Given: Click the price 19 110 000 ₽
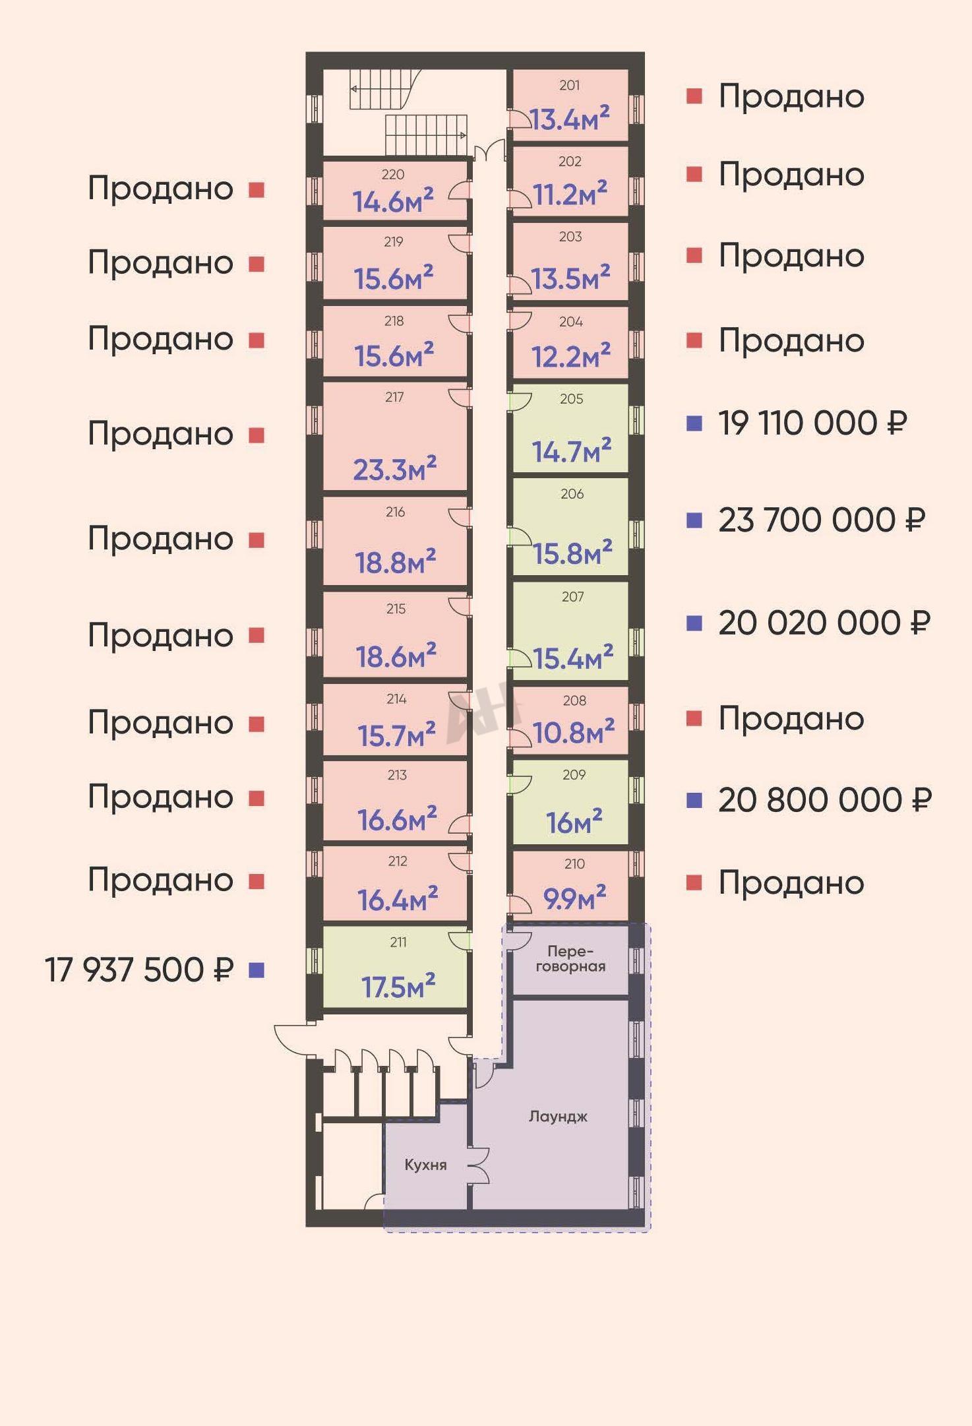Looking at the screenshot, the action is pos(812,423).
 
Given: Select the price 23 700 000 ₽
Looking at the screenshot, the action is pos(822,520).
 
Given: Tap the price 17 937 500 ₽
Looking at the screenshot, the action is pos(139,970).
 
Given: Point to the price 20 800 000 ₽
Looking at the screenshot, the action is pos(825,799).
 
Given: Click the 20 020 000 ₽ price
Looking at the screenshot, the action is pos(824,623).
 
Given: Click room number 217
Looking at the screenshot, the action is pos(394,397).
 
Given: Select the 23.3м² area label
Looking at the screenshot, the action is pos(394,468).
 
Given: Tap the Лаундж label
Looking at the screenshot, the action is pos(558,1117).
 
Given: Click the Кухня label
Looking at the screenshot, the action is pos(425,1165).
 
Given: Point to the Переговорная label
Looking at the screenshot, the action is pos(570,959).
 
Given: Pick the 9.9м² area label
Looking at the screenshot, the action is pos(574,897).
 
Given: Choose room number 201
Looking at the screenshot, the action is pos(570,85).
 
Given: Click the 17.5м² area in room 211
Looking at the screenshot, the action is pos(398,986).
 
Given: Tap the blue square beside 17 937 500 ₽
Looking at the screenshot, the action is pos(257,970).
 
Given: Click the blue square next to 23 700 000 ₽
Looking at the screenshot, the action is pos(694,520).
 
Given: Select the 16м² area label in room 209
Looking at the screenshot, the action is pos(574,822).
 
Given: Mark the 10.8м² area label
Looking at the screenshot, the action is pos(574,731).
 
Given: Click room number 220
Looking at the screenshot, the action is pos(393,174).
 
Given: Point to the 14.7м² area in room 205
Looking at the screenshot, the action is pos(572,451).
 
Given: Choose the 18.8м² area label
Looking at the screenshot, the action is pos(395,562).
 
